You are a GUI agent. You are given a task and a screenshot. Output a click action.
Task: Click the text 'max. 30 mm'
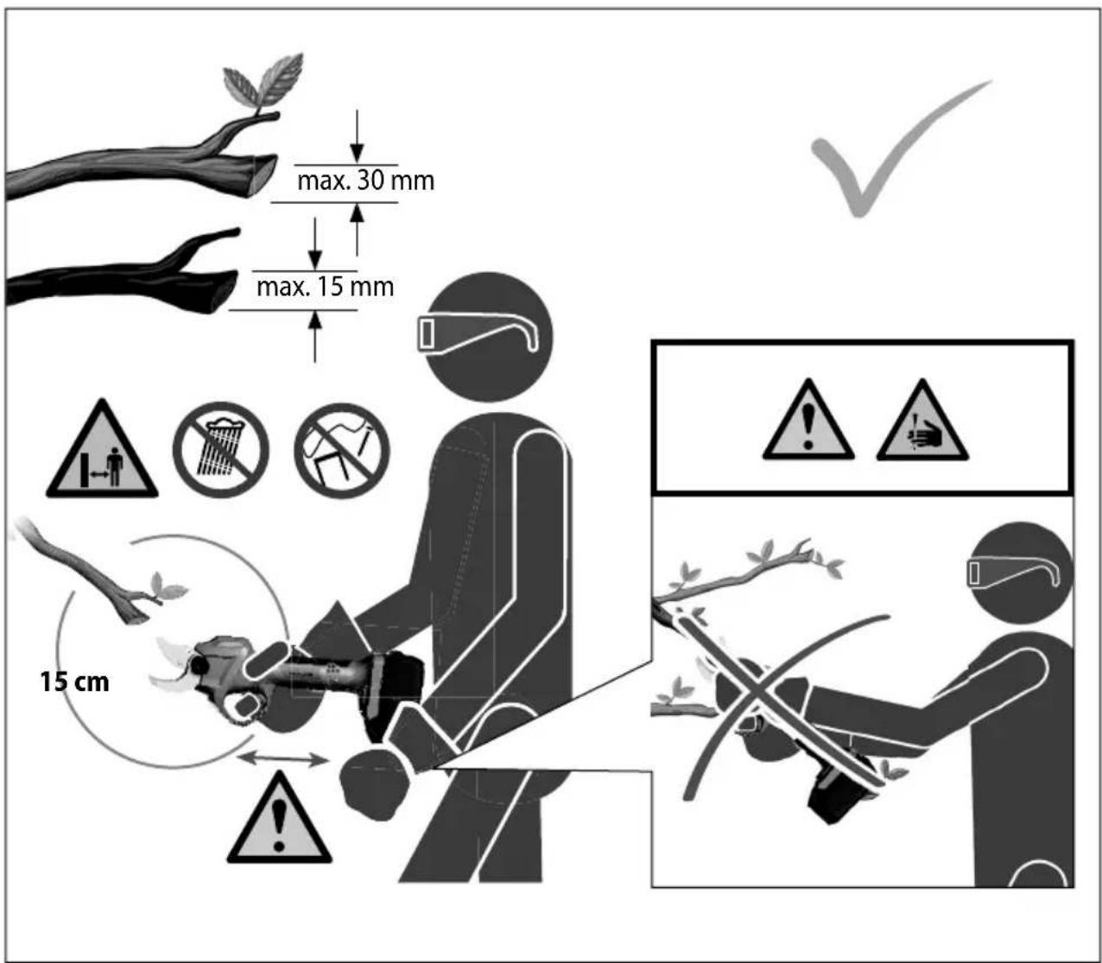coord(365,181)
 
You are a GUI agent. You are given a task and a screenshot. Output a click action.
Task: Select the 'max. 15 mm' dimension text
coord(325,287)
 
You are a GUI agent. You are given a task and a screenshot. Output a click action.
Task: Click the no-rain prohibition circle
coord(221,450)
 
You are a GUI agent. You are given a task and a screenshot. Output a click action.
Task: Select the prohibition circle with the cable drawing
coord(341,450)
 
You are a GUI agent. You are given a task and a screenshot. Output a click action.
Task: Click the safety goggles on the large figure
coord(477,333)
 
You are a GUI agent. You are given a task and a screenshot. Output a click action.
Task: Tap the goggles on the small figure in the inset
coord(1013,572)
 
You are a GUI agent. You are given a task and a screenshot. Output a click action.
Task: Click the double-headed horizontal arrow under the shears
coord(283,759)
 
